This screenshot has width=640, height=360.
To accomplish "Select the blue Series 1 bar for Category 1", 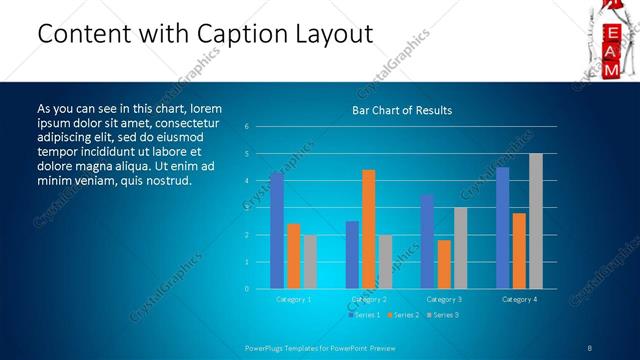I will (x=277, y=230).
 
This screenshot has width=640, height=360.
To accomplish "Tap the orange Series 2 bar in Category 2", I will (x=369, y=229).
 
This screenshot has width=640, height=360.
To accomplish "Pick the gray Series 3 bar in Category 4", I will (x=536, y=221).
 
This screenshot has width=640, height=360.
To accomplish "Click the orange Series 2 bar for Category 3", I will (x=444, y=264).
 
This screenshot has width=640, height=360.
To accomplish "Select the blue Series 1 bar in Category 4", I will (x=502, y=227).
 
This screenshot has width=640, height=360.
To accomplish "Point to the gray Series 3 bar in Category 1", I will (x=310, y=261).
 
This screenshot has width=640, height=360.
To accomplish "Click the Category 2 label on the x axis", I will (x=369, y=299).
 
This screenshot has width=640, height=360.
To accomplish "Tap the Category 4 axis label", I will (x=519, y=299).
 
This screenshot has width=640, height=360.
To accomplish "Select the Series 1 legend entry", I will (x=364, y=315).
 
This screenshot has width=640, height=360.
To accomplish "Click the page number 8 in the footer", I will (x=589, y=347).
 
